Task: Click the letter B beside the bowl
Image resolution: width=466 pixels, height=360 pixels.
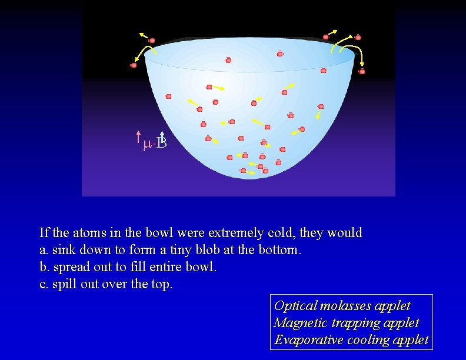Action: [163, 143]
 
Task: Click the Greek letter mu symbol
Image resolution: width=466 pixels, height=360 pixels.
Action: [147, 144]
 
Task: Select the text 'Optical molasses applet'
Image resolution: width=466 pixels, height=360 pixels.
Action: [342, 306]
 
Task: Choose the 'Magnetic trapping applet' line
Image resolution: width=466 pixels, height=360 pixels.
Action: [346, 323]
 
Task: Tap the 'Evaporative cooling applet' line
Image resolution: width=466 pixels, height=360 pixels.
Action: [351, 340]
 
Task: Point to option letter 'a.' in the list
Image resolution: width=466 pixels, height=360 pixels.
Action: [44, 250]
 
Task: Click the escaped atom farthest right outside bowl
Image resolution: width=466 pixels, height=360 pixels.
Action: [362, 71]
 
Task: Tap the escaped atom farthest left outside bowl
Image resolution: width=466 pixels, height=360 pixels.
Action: [134, 65]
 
